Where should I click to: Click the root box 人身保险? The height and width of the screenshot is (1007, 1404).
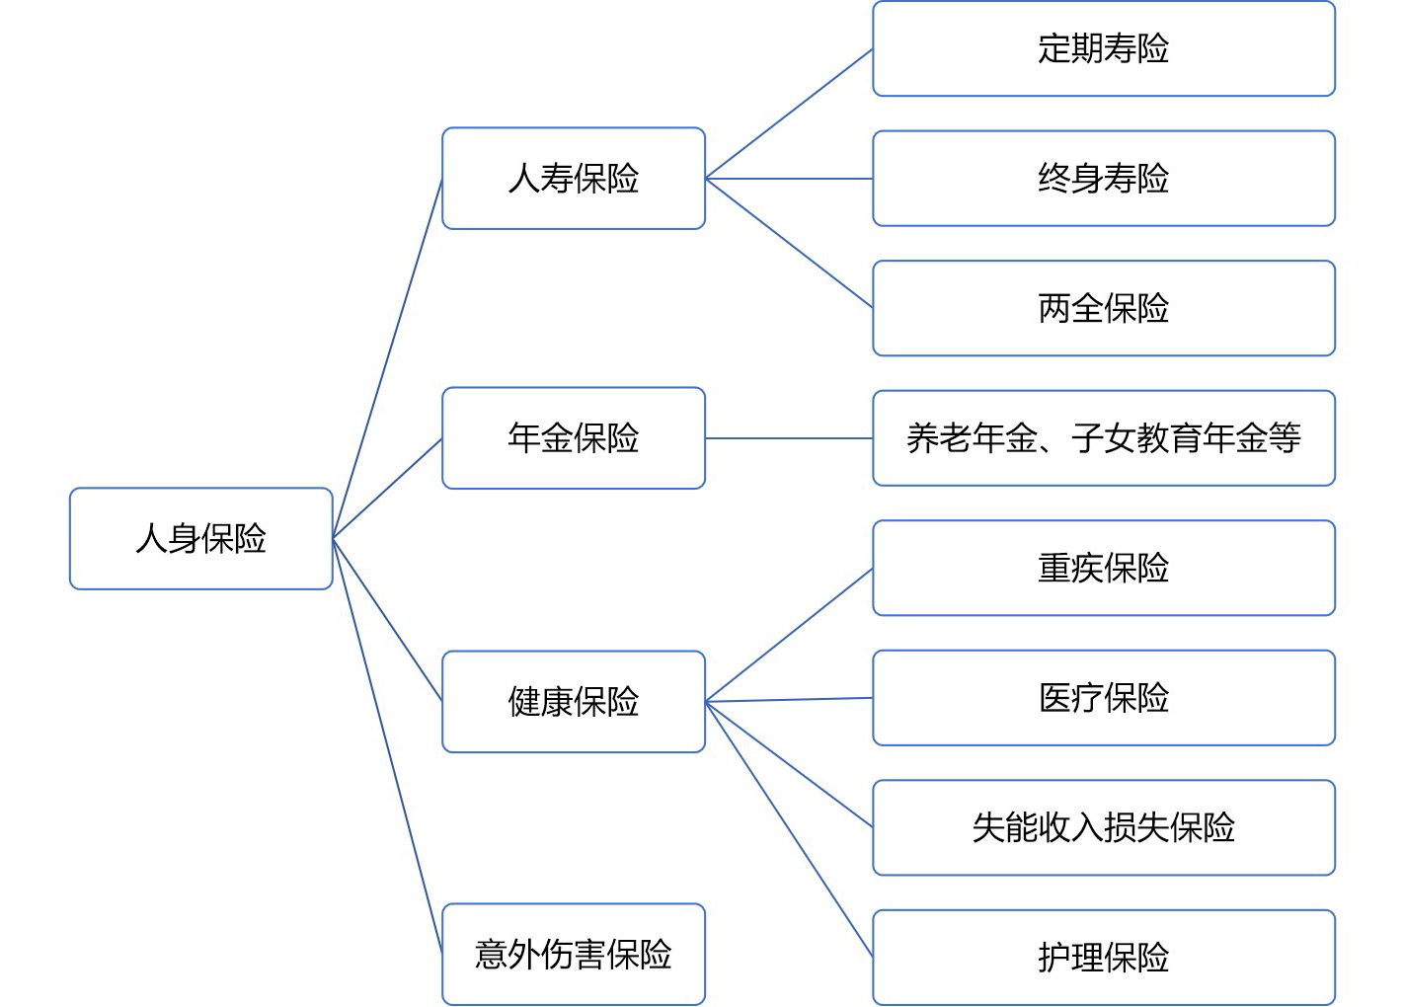click(200, 538)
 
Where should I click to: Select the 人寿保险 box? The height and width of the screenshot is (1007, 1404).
click(574, 179)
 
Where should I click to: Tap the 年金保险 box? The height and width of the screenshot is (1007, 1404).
click(574, 437)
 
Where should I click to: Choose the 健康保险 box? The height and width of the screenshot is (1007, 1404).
click(574, 701)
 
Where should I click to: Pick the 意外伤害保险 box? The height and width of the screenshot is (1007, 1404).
click(574, 954)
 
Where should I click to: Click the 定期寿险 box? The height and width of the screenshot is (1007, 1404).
click(1104, 48)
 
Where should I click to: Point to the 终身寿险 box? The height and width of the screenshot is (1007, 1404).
click(1104, 179)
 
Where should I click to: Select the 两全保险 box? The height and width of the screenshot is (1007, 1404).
click(1104, 308)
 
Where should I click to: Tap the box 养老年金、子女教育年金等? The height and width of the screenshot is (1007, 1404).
click(1104, 437)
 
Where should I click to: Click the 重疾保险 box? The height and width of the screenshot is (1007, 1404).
click(1104, 568)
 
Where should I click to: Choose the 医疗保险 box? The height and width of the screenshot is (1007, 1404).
click(1104, 698)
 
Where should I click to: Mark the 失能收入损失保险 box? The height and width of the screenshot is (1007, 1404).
click(1104, 827)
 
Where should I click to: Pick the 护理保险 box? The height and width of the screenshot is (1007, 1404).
click(1104, 958)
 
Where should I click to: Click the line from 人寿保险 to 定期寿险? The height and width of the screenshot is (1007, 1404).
click(790, 114)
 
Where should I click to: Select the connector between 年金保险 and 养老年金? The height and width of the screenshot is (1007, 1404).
click(790, 438)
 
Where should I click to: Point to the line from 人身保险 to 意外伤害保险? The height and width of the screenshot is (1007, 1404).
click(387, 745)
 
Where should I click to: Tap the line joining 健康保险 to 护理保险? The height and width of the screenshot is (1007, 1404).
click(790, 829)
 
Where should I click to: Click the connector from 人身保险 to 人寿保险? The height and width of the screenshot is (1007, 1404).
click(387, 358)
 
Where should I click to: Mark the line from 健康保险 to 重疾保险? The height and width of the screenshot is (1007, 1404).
click(790, 635)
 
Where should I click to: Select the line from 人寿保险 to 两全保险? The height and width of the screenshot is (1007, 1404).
click(790, 243)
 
